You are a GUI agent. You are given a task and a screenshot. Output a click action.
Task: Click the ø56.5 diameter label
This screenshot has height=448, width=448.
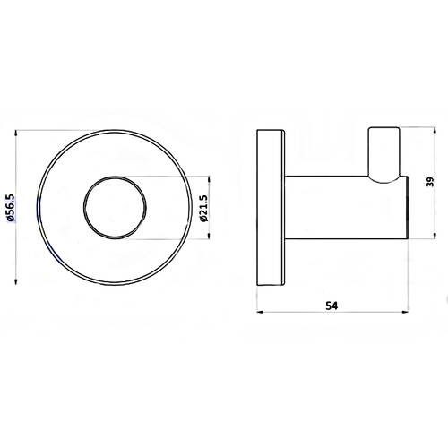12,208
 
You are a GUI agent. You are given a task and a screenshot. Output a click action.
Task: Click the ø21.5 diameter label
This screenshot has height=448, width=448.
203,208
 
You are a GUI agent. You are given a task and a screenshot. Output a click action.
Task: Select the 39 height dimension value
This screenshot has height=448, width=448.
430,182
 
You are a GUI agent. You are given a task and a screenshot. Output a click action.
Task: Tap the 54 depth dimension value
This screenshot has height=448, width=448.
332,306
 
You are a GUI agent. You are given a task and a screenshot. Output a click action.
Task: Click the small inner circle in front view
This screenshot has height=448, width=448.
83,208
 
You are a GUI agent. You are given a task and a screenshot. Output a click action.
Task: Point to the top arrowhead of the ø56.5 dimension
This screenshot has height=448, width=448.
15,133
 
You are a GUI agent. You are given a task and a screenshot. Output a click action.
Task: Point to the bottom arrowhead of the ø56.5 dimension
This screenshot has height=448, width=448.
15,281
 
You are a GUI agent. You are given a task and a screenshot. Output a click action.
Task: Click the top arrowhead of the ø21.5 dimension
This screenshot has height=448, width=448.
209,179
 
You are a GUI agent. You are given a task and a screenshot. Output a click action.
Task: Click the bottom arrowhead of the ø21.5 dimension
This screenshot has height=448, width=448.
209,236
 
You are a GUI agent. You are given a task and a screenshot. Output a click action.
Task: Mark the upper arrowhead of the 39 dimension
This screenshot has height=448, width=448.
435,131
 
